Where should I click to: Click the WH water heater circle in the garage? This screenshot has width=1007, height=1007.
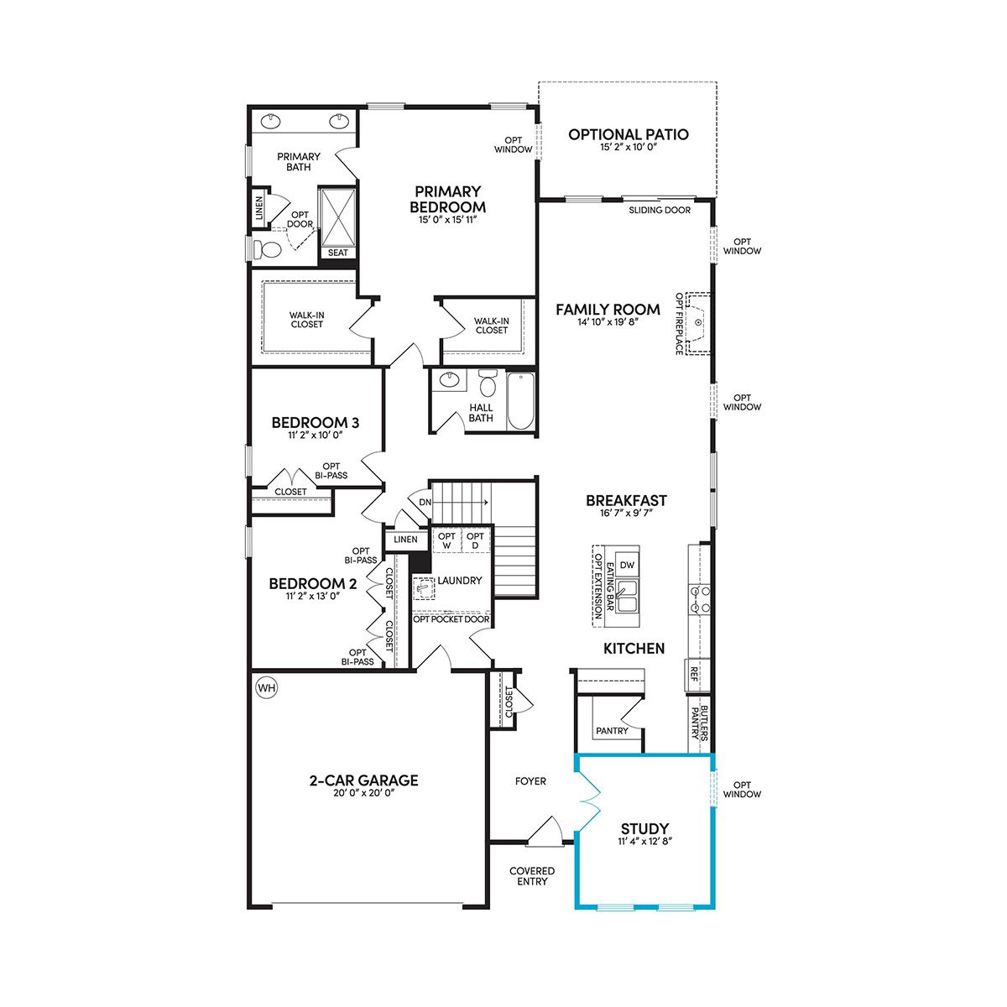click(267, 688)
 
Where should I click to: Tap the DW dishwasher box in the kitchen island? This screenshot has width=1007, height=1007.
click(627, 565)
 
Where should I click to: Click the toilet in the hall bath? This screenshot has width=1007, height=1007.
click(488, 383)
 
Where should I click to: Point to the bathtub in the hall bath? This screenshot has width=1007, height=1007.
click(520, 401)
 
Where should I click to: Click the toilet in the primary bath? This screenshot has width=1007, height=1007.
click(267, 249)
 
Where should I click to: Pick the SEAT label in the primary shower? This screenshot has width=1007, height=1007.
click(337, 253)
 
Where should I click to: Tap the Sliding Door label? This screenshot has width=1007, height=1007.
click(660, 210)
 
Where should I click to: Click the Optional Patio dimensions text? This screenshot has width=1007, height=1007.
click(629, 148)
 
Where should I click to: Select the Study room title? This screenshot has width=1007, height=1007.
click(644, 828)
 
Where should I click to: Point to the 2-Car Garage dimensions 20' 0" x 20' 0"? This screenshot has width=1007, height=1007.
click(363, 792)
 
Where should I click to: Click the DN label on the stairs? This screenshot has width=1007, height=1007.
click(425, 502)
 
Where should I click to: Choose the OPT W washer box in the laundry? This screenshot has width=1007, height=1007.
click(446, 541)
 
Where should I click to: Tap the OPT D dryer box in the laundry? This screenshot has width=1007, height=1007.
click(475, 541)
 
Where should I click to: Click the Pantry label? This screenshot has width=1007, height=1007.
click(612, 731)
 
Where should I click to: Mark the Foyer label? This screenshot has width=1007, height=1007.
click(530, 781)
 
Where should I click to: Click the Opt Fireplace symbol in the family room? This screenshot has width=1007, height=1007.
click(698, 323)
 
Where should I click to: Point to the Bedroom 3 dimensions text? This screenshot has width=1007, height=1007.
click(316, 435)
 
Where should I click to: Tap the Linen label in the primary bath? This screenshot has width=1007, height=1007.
click(259, 207)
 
